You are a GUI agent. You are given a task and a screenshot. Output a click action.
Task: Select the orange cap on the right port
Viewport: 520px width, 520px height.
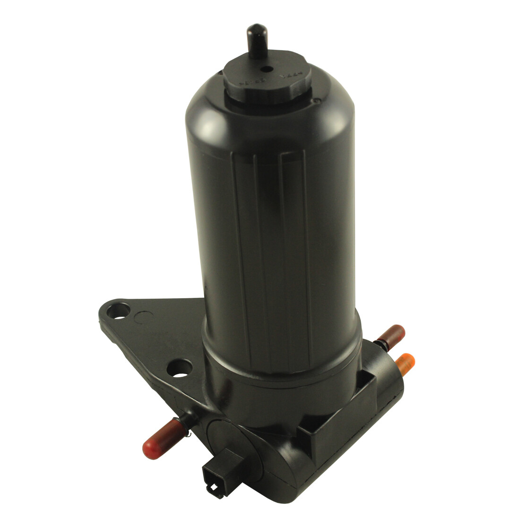(405, 363)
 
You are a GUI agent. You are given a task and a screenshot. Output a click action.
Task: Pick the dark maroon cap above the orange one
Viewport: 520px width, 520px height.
(393, 334)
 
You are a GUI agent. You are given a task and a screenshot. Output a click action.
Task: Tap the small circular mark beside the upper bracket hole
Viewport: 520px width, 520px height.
(141, 317)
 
